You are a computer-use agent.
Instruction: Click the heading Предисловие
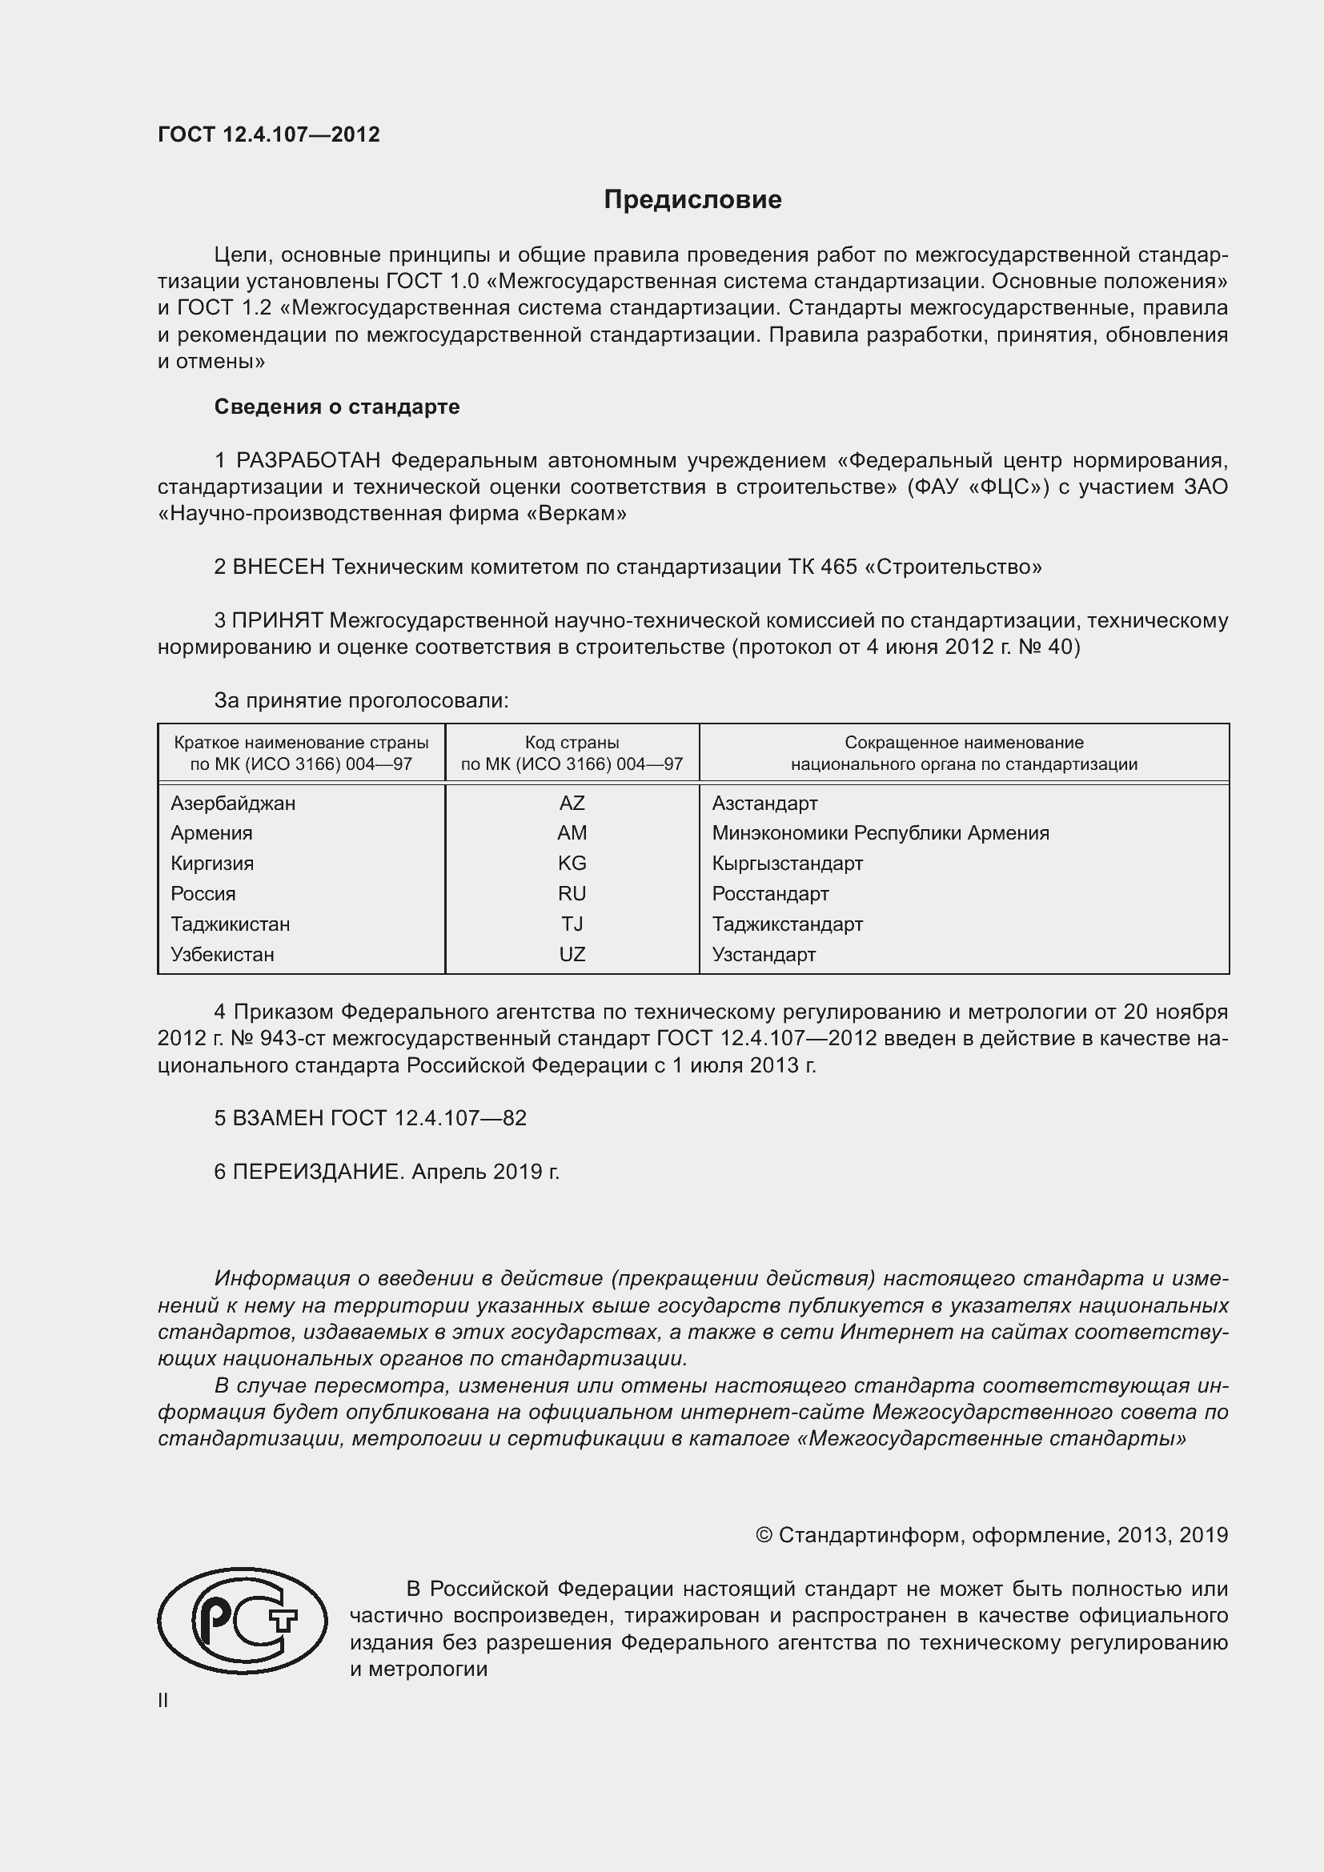click(692, 200)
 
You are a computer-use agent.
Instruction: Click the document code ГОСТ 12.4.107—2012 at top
click(269, 134)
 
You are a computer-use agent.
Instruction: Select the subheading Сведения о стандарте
click(337, 407)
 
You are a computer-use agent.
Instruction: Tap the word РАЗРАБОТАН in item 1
click(308, 461)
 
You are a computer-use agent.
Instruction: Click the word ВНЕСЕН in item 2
click(279, 567)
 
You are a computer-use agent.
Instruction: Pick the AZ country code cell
click(572, 803)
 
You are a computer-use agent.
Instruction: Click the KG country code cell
click(572, 864)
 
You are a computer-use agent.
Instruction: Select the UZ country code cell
click(572, 955)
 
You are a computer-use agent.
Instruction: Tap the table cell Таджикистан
click(230, 924)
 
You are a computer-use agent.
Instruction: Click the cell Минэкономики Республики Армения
click(880, 833)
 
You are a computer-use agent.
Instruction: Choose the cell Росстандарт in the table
click(769, 895)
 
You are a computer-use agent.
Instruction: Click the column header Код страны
click(572, 743)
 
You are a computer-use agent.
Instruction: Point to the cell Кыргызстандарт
click(787, 864)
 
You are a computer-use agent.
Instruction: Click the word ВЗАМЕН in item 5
click(279, 1118)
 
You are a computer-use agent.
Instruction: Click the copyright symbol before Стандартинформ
click(763, 1535)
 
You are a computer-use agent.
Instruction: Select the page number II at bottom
click(163, 1701)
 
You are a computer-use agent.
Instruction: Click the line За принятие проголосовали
click(361, 700)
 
